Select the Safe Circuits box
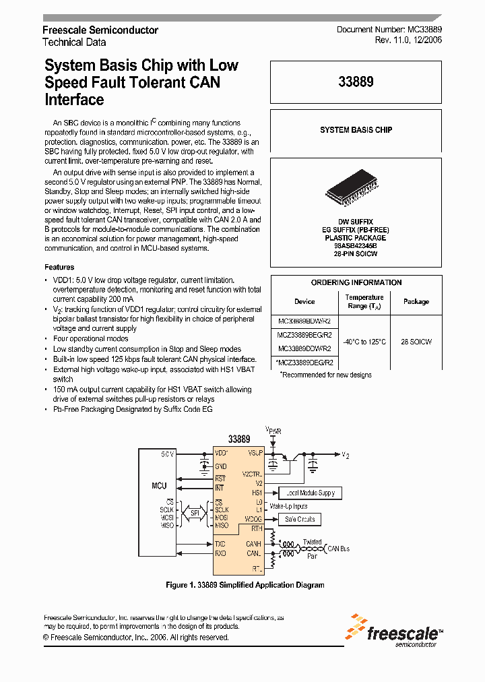[300, 519]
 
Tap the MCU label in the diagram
[159, 485]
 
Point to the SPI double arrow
[193, 514]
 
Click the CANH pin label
[253, 543]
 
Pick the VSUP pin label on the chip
[255, 453]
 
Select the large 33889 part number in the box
[356, 82]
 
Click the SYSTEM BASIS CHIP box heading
[356, 129]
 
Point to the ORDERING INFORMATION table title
[356, 282]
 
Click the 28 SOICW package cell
[416, 342]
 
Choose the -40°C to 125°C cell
[364, 342]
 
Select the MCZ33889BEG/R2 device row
[304, 335]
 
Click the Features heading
[59, 267]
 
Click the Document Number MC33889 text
[389, 30]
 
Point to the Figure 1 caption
[245, 585]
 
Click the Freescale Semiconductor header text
[100, 30]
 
